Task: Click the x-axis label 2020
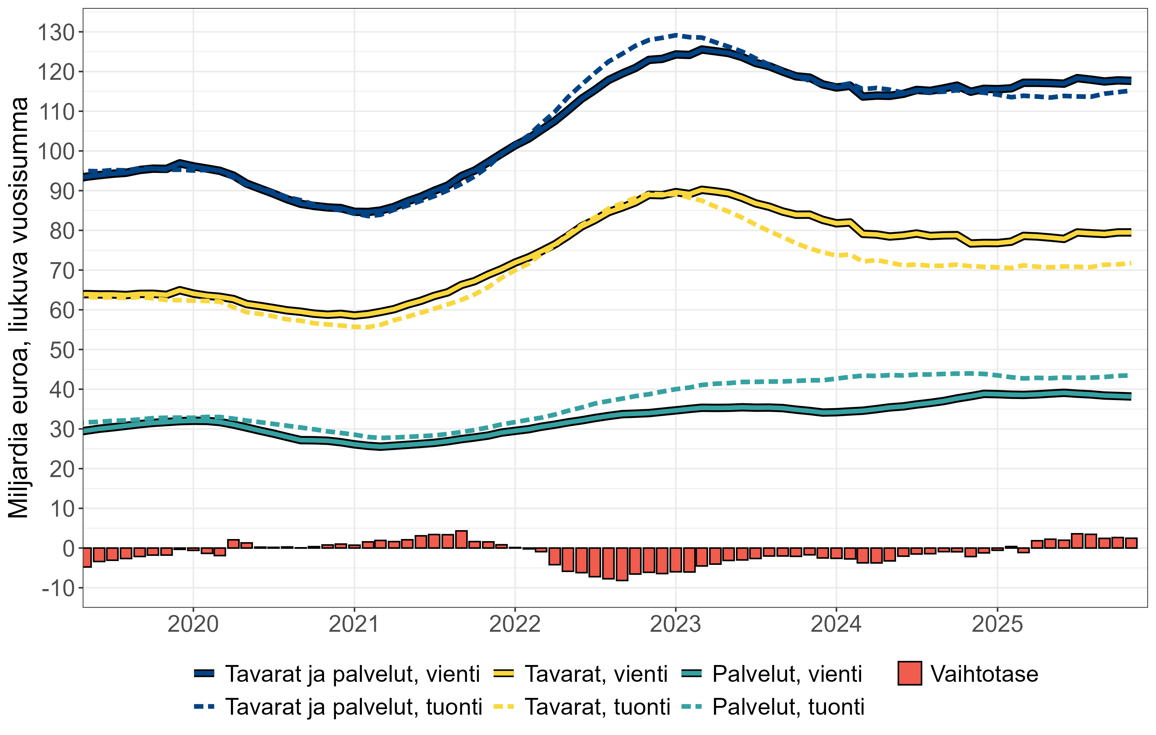pyautogui.click(x=193, y=624)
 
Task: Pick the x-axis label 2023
pyautogui.click(x=675, y=624)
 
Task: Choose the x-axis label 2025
pyautogui.click(x=997, y=624)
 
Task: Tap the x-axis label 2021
pyautogui.click(x=354, y=624)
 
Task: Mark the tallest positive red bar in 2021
pyautogui.click(x=461, y=540)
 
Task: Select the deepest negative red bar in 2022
pyautogui.click(x=622, y=564)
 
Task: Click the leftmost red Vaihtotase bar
pyautogui.click(x=87, y=557)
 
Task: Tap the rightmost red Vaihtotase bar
pyautogui.click(x=1131, y=543)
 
